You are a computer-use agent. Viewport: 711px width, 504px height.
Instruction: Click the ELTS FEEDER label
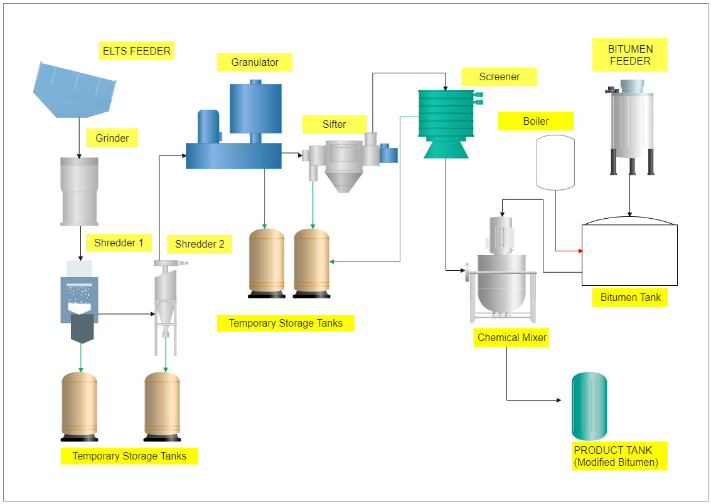(x=136, y=51)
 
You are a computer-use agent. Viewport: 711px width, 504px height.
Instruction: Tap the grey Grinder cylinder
(x=79, y=191)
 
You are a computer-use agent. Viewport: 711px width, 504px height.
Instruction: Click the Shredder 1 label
(x=119, y=243)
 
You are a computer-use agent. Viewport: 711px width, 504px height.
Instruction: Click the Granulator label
(x=254, y=62)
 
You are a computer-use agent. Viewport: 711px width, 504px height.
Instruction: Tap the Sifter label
(x=334, y=124)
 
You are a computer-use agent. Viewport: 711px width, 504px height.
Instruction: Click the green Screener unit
(x=445, y=119)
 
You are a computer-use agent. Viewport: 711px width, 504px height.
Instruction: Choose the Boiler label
(x=535, y=121)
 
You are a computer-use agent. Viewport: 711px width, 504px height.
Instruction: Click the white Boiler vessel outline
(x=555, y=162)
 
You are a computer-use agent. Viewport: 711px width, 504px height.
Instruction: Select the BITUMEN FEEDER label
(x=630, y=55)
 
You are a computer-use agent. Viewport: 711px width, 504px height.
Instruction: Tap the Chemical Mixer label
(x=511, y=337)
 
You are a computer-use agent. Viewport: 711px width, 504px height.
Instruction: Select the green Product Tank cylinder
(x=589, y=406)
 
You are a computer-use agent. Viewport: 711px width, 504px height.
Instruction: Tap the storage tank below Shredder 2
(x=163, y=406)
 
